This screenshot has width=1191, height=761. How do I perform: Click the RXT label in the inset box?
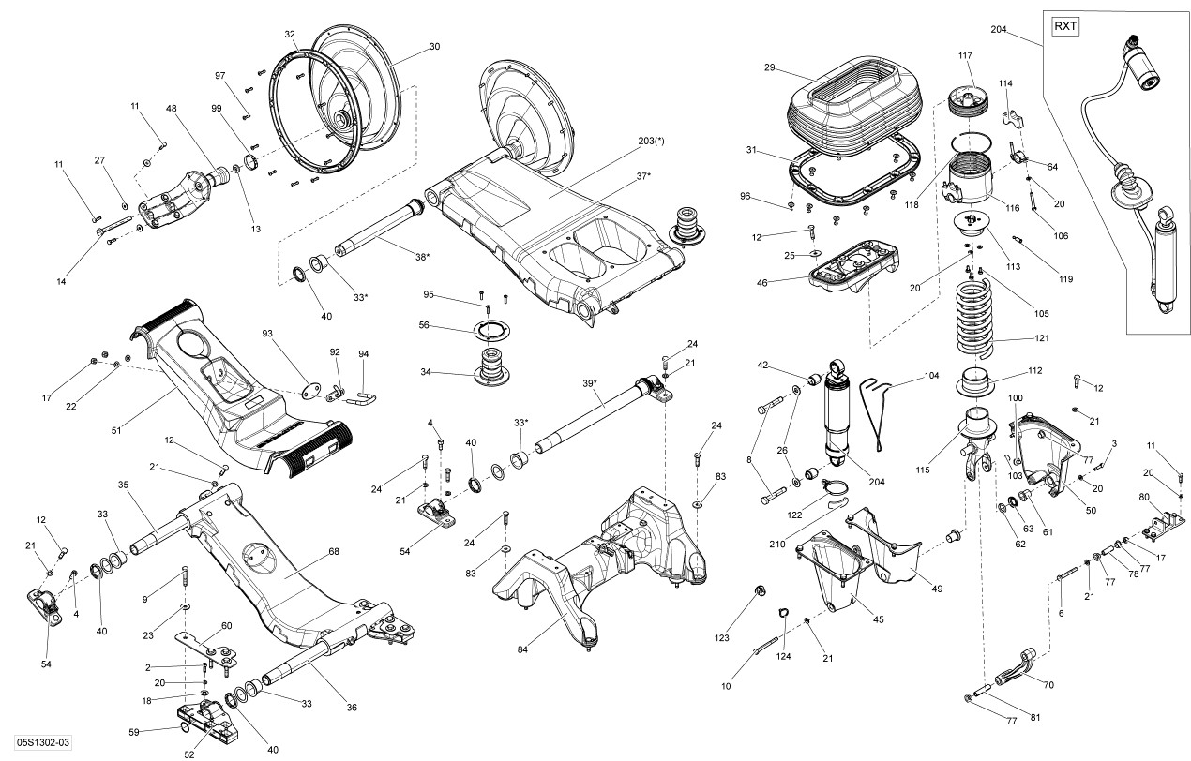[x=1065, y=26]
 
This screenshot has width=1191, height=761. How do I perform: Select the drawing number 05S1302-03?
[x=35, y=743]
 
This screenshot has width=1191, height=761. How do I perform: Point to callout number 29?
[x=770, y=67]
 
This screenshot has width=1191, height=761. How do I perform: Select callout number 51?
[x=116, y=431]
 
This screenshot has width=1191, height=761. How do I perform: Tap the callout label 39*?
[x=589, y=384]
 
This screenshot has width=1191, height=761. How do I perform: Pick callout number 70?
[x=1048, y=685]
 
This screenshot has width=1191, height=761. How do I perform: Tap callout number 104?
[x=931, y=375]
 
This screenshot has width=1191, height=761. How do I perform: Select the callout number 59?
[x=134, y=732]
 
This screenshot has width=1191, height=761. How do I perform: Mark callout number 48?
[x=172, y=109]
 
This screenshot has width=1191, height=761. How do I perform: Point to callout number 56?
[x=424, y=325]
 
